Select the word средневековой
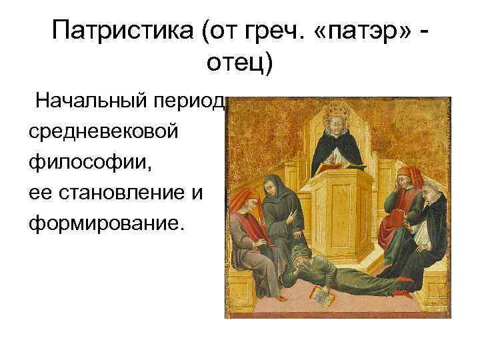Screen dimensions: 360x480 click(x=103, y=131)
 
